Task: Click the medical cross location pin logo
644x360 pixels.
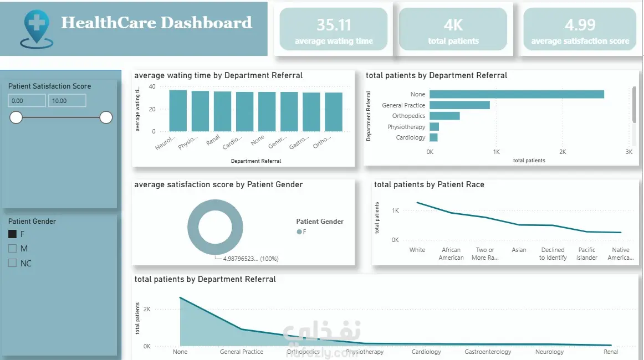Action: [x=37, y=28]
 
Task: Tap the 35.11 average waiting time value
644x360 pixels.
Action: [x=333, y=25]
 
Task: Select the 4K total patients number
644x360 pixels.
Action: [x=453, y=25]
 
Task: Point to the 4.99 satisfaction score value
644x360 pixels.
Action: [x=580, y=25]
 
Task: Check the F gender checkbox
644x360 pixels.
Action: [x=13, y=234]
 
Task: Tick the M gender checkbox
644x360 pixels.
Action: [x=13, y=249]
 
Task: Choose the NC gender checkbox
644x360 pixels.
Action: [x=13, y=264]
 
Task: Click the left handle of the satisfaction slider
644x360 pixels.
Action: [x=16, y=117]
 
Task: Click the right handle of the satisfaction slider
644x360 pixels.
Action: [x=106, y=117]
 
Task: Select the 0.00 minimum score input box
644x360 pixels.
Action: [x=27, y=101]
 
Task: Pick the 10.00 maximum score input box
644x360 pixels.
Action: [x=67, y=101]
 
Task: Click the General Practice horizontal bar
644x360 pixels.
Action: [x=459, y=105]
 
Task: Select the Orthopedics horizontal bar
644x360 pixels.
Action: [x=444, y=116]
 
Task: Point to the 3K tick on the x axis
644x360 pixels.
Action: [x=628, y=152]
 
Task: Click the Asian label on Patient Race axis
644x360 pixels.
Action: [x=519, y=250]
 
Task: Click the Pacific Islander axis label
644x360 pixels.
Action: [x=587, y=254]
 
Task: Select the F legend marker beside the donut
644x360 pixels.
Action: [x=299, y=232]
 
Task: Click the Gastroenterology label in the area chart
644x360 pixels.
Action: [x=483, y=352]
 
